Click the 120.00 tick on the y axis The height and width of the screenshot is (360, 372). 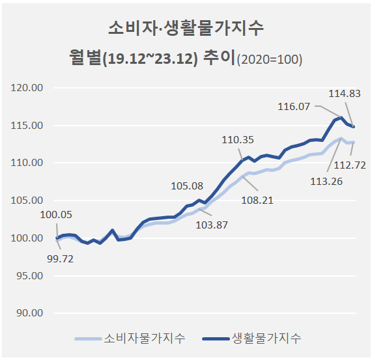point(27,88)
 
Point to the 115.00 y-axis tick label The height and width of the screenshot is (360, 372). point(27,126)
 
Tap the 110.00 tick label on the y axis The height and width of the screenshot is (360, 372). point(27,163)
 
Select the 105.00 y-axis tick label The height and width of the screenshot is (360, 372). point(27,201)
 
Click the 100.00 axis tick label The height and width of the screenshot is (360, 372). point(27,238)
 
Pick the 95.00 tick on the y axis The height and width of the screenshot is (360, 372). point(30,275)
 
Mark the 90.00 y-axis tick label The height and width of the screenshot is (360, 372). point(30,313)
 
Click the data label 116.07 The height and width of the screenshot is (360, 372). point(294,107)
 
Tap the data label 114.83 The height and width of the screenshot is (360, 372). point(345,94)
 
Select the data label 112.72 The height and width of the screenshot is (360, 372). point(350,165)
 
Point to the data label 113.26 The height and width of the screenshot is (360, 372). point(326,182)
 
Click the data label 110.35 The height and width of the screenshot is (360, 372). point(238,140)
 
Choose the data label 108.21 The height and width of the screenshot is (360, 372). point(257,201)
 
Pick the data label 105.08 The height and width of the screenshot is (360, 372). point(187,186)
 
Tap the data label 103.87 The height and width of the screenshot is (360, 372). point(212,225)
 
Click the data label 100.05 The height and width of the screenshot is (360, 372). point(56,215)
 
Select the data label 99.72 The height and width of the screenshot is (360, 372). point(60,259)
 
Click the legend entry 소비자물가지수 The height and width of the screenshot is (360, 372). point(130,339)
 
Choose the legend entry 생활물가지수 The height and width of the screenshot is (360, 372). point(251,339)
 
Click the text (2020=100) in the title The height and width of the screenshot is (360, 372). point(270,59)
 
